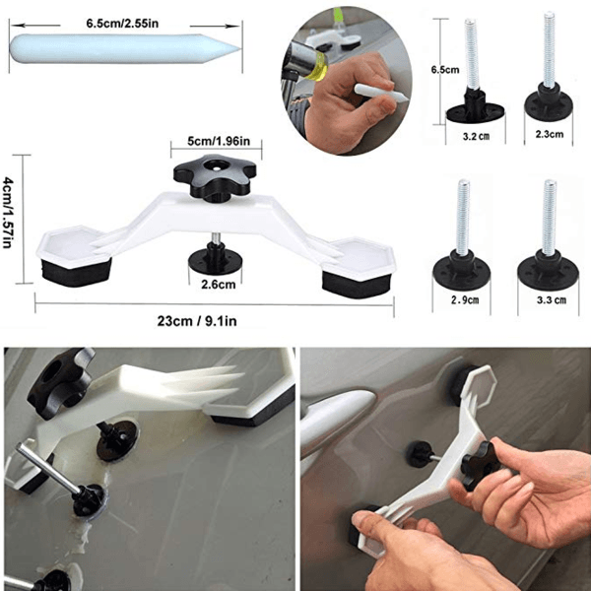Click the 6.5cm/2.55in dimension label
pyautogui.click(x=122, y=24)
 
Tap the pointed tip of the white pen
pyautogui.click(x=239, y=48)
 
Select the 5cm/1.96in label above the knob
pyautogui.click(x=219, y=141)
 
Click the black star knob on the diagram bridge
pyautogui.click(x=215, y=176)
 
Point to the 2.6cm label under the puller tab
pyautogui.click(x=219, y=285)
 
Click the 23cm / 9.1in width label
pyautogui.click(x=197, y=321)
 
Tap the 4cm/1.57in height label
pyautogui.click(x=8, y=214)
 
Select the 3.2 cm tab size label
pyautogui.click(x=476, y=136)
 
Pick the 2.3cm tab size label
pyautogui.click(x=550, y=134)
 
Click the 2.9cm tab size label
pyautogui.click(x=465, y=300)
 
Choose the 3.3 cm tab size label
pyautogui.click(x=552, y=300)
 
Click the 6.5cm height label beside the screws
pyautogui.click(x=445, y=70)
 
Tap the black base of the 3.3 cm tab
pyautogui.click(x=548, y=271)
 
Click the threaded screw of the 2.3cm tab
pyautogui.click(x=549, y=50)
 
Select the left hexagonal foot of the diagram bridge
pyautogui.click(x=74, y=255)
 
